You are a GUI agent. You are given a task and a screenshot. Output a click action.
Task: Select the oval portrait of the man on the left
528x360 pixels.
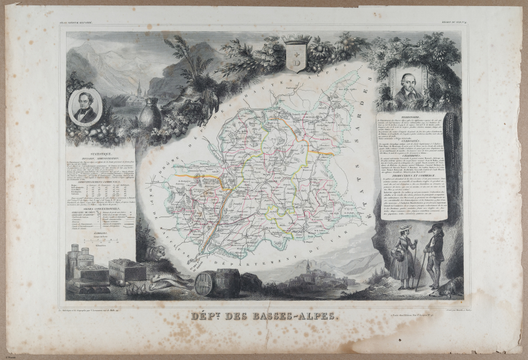point(86,106)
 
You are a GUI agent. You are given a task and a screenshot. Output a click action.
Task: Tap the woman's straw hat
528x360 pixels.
point(406,228)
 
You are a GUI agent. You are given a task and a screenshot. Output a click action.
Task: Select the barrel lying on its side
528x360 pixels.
point(204,283)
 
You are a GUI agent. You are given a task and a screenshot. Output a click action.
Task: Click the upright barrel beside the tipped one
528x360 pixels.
point(227,282)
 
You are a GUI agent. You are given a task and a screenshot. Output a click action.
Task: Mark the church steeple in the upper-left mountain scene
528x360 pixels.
point(138,87)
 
